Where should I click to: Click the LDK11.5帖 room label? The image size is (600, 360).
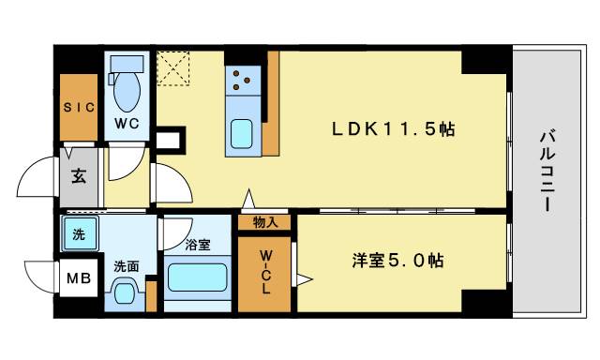(393, 130)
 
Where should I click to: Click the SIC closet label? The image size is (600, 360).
(80, 106)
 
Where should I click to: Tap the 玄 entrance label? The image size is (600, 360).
(79, 174)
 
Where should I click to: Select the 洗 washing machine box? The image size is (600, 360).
(78, 233)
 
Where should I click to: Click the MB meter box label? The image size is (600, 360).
(77, 278)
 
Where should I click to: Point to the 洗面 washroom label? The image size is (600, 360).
(126, 266)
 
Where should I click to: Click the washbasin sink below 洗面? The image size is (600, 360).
(126, 293)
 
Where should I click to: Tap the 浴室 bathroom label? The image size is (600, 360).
(197, 246)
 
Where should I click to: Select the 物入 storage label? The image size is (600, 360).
(264, 222)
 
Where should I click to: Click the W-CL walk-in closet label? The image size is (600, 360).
(264, 271)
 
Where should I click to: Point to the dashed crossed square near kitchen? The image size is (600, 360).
(172, 67)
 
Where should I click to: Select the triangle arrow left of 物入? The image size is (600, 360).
(248, 199)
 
